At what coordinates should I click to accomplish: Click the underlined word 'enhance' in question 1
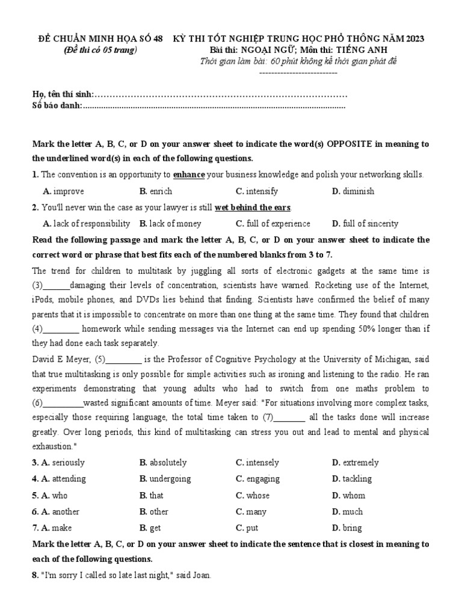click(x=189, y=175)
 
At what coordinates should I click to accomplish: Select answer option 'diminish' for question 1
click(x=359, y=191)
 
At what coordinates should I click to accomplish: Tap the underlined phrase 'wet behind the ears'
click(x=253, y=208)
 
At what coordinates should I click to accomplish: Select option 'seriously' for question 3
click(x=68, y=463)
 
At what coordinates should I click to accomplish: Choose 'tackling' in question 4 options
click(x=357, y=479)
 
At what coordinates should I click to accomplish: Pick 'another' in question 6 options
click(x=66, y=512)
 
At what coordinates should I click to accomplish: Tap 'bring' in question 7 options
click(x=353, y=528)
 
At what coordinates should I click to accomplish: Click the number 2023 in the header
click(x=414, y=39)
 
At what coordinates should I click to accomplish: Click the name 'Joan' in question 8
click(x=202, y=575)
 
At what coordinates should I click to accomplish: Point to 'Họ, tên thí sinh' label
click(x=63, y=95)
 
